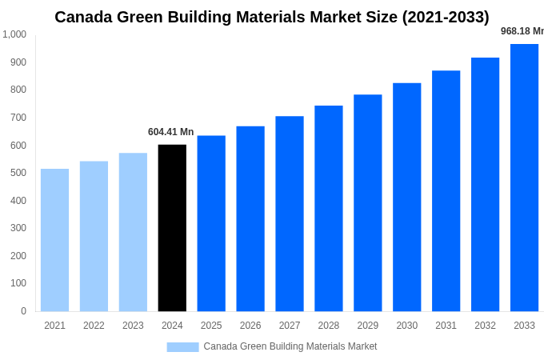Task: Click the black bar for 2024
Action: pyautogui.click(x=172, y=228)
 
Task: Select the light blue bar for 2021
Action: pyautogui.click(x=54, y=240)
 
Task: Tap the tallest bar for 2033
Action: pyautogui.click(x=524, y=178)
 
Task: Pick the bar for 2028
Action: pyautogui.click(x=328, y=208)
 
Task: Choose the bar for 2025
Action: pyautogui.click(x=211, y=223)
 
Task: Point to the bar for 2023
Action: pyautogui.click(x=133, y=232)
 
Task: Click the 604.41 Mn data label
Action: pyautogui.click(x=170, y=132)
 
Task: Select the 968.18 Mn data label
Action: pyautogui.click(x=522, y=31)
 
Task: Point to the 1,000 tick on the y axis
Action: pyautogui.click(x=14, y=34)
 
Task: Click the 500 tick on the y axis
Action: pyautogui.click(x=18, y=173)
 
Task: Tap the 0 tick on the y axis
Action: pyautogui.click(x=23, y=311)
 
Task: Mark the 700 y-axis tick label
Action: pyautogui.click(x=18, y=118)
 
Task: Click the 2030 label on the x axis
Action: pyautogui.click(x=406, y=326)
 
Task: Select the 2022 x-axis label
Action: pyautogui.click(x=94, y=326)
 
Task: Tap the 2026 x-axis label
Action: pyautogui.click(x=250, y=326)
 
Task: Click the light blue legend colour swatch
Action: pyautogui.click(x=182, y=347)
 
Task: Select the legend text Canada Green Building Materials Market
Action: pyautogui.click(x=290, y=346)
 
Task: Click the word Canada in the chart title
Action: pyautogui.click(x=84, y=17)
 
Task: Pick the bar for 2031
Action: pyautogui.click(x=446, y=191)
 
